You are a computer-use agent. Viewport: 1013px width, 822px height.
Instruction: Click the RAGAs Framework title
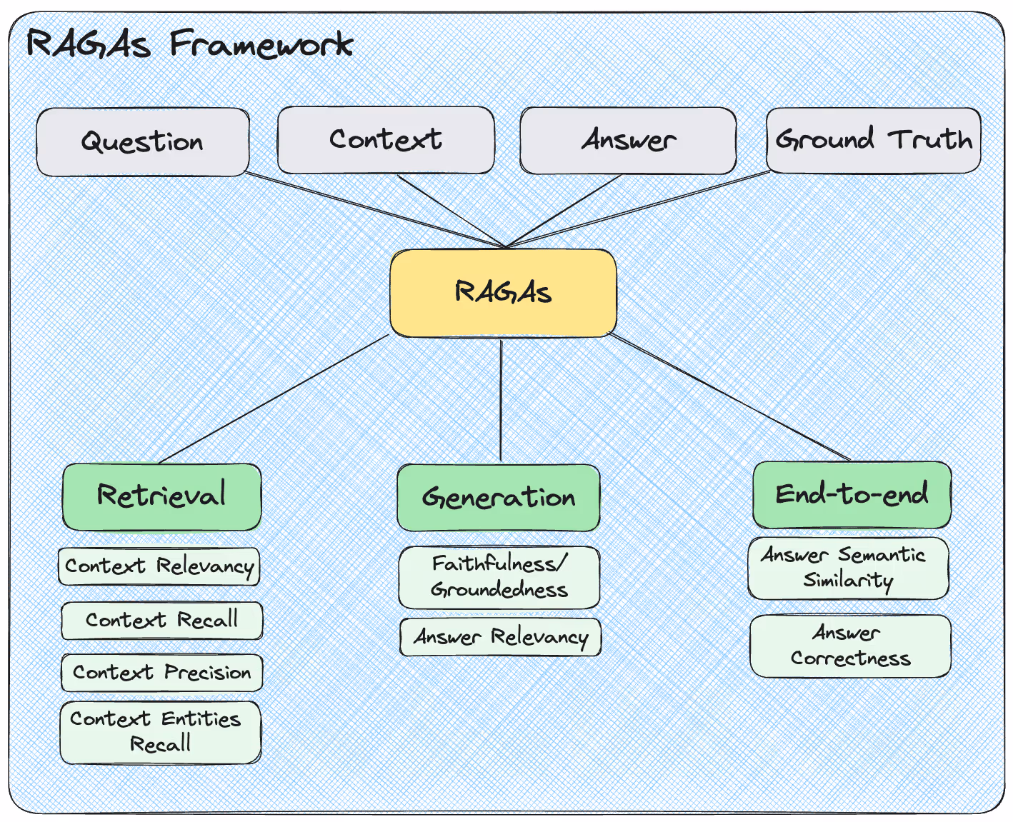[189, 45]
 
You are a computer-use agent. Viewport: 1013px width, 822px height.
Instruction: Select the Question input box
[143, 142]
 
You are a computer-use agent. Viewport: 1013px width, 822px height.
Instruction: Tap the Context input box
[386, 140]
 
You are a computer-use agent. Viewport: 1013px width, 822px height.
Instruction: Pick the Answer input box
[628, 141]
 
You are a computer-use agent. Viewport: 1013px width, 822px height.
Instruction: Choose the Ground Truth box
[873, 140]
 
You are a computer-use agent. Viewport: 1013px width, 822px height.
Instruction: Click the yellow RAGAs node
[503, 293]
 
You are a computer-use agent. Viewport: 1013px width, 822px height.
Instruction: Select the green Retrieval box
[161, 496]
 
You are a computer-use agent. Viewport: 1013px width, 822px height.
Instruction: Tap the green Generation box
[498, 498]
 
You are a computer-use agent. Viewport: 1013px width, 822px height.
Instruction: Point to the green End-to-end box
[852, 494]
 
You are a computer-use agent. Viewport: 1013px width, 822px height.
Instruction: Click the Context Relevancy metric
[159, 566]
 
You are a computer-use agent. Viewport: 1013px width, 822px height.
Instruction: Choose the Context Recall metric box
[161, 621]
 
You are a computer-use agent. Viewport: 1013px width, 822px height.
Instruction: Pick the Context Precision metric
[161, 673]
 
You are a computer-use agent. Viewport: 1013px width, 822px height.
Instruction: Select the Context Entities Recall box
[160, 732]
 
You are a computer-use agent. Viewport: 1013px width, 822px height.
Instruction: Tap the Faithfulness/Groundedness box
[499, 577]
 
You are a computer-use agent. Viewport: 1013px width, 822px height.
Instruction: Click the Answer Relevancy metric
[500, 637]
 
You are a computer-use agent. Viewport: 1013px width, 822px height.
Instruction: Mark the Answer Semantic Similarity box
[848, 568]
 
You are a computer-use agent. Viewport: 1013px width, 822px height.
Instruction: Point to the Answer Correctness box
[850, 646]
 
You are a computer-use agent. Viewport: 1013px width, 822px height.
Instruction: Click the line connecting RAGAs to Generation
[501, 400]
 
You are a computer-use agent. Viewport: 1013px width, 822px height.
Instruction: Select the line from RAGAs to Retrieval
[274, 399]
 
